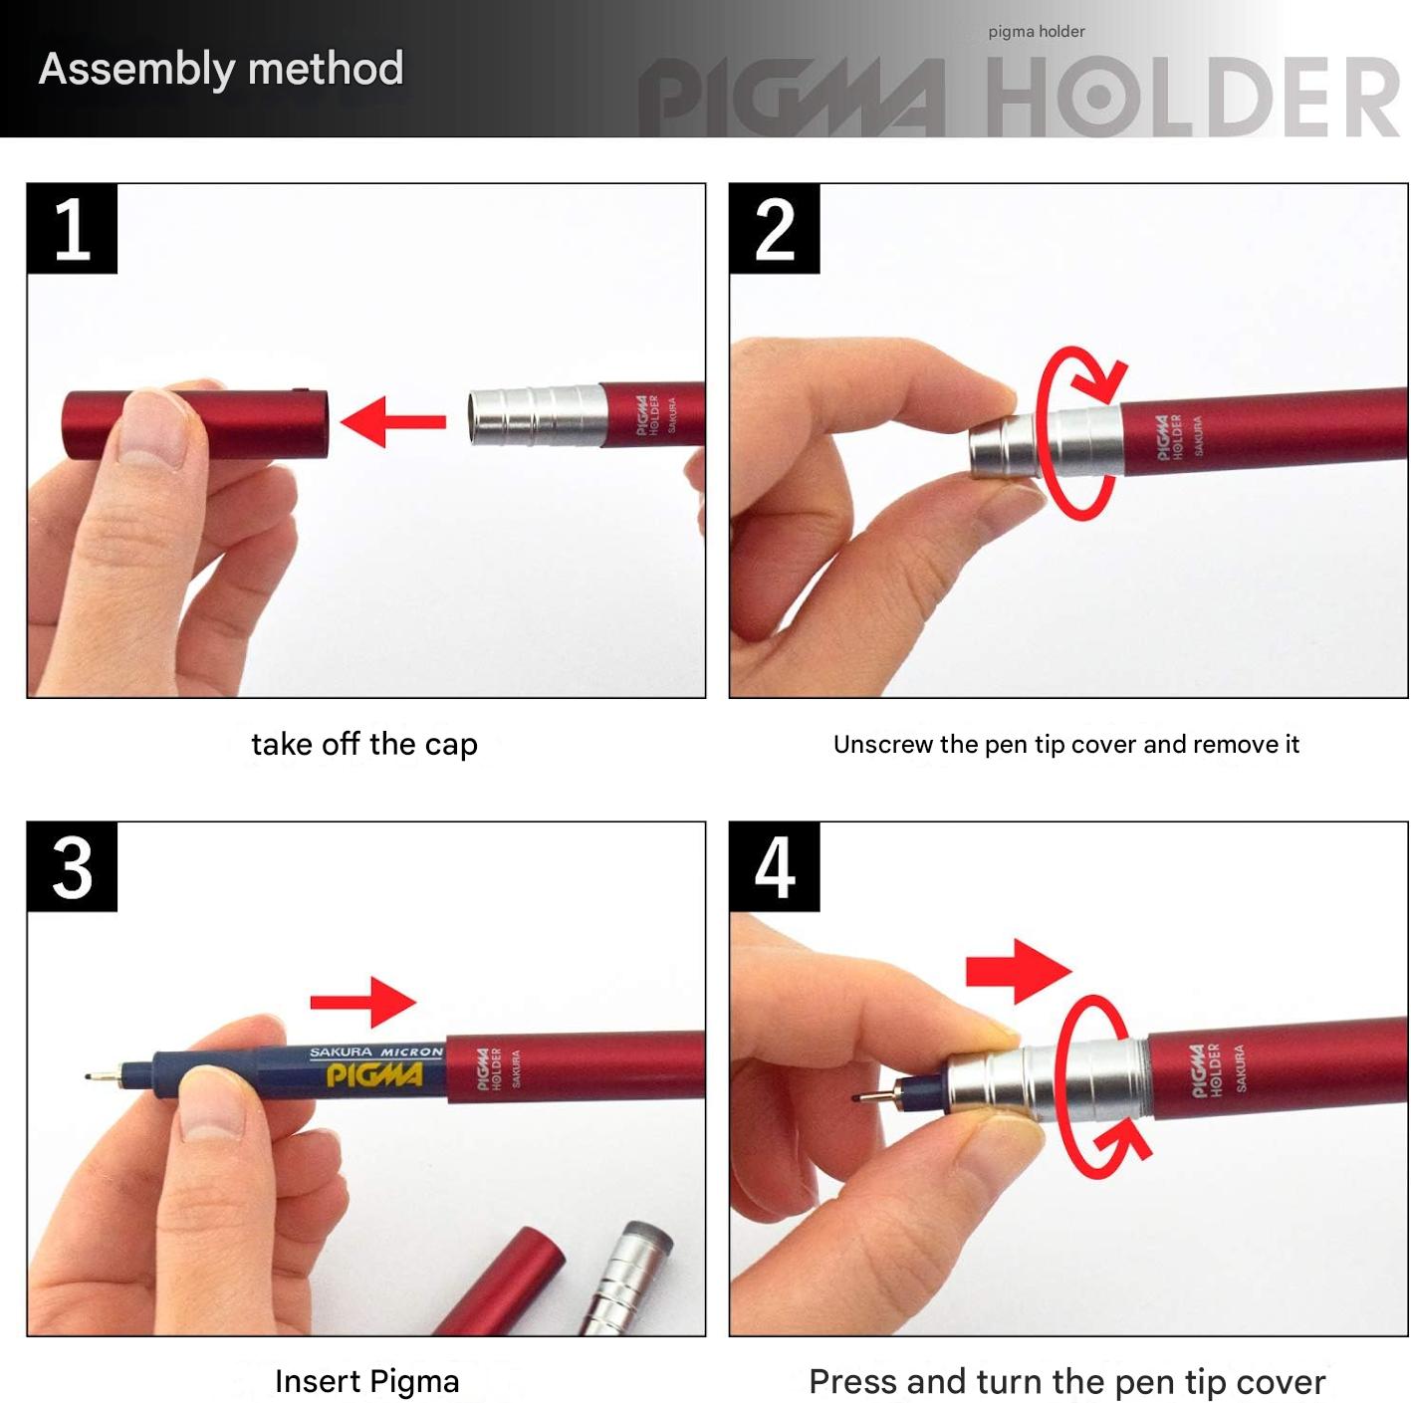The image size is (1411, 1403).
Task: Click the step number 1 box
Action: (72, 228)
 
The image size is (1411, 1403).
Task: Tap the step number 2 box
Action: (774, 228)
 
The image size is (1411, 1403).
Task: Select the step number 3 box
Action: (72, 866)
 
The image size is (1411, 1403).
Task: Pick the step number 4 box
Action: (774, 866)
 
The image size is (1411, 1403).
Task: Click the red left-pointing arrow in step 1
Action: (393, 422)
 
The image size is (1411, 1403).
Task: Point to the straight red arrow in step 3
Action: (363, 1002)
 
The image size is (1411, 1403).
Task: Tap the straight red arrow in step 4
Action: (1019, 972)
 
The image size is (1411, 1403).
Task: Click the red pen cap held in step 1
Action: (195, 425)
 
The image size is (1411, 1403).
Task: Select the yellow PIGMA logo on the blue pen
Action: (374, 1074)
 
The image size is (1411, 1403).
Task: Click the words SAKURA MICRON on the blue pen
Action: (376, 1052)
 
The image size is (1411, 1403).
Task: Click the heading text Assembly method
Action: (221, 69)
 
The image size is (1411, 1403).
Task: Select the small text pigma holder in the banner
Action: (1037, 32)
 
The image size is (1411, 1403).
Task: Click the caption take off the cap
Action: (364, 744)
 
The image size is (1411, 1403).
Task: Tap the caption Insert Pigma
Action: (366, 1381)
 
